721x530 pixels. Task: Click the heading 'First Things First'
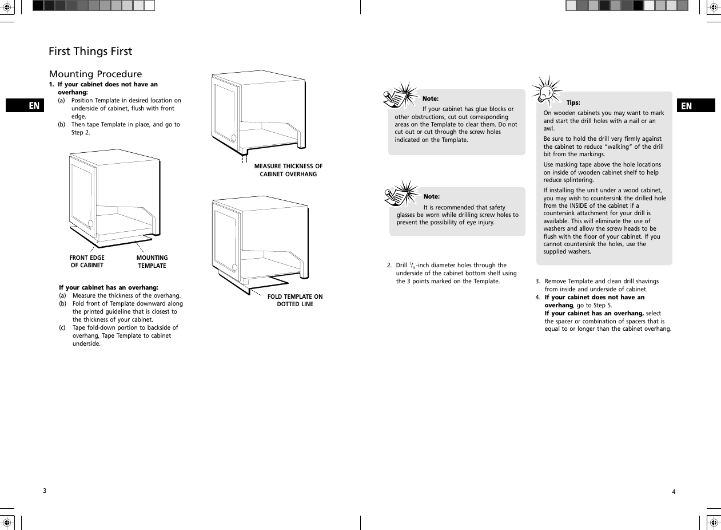click(90, 52)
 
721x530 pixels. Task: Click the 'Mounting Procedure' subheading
click(95, 74)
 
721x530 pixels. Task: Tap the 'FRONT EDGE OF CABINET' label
click(87, 262)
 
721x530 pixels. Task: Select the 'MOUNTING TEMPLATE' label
click(152, 262)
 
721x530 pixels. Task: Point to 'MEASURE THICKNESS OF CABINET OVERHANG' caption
click(288, 170)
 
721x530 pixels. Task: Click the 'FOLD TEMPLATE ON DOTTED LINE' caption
click(295, 300)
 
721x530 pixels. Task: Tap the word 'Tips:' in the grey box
click(573, 103)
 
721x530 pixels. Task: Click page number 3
click(45, 491)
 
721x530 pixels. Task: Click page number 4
click(674, 492)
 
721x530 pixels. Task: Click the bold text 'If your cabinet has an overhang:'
click(109, 287)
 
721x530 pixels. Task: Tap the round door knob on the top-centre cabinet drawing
click(233, 138)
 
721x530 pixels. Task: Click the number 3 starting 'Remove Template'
click(537, 282)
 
